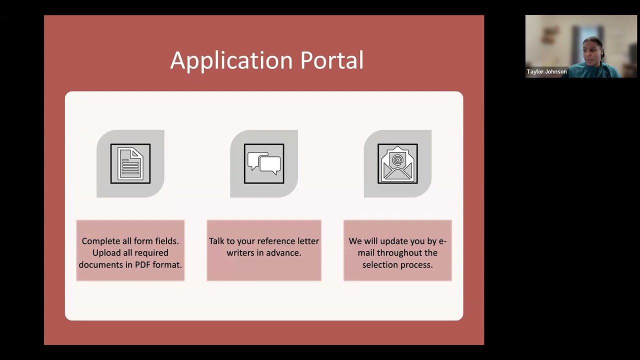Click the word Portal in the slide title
(x=331, y=61)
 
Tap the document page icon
(x=130, y=163)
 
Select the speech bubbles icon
(x=264, y=163)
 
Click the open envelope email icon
(x=397, y=163)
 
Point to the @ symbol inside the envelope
(x=397, y=159)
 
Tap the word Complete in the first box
(x=101, y=241)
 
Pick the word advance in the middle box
(x=284, y=253)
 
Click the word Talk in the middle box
(x=216, y=241)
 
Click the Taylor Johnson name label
(x=546, y=71)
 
